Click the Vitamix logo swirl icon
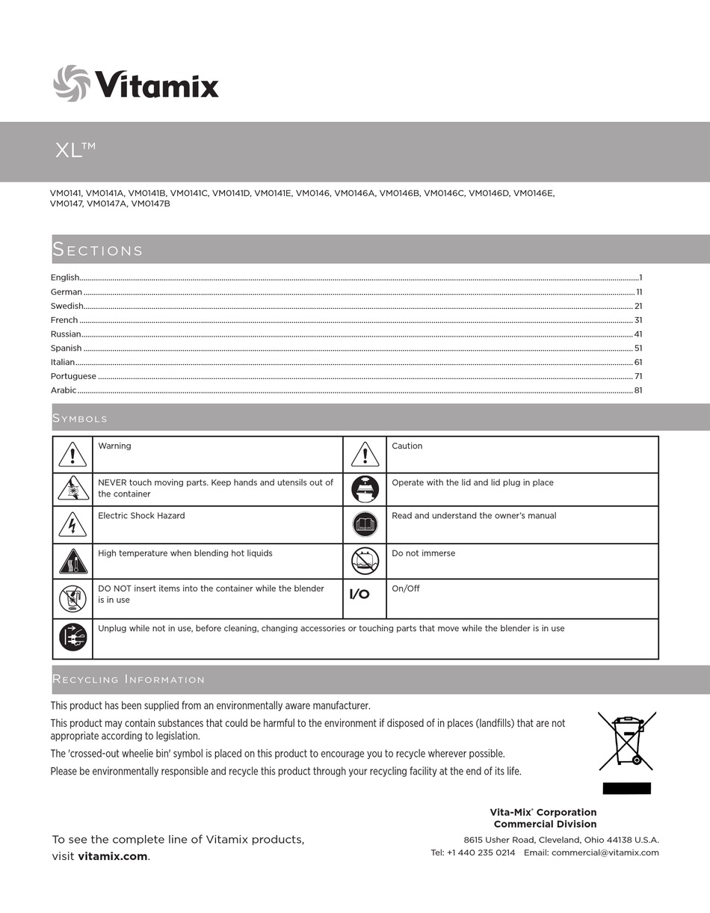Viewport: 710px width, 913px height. pos(72,83)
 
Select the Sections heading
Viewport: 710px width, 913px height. pos(97,250)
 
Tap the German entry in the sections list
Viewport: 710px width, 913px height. pos(67,292)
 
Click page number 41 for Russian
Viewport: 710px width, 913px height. pos(638,334)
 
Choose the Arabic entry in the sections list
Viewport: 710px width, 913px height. pos(64,390)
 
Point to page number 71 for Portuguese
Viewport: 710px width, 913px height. pos(638,376)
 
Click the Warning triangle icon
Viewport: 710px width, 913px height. pos(72,454)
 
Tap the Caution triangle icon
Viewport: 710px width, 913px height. pos(365,454)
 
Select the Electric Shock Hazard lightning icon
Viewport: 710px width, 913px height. pos(72,525)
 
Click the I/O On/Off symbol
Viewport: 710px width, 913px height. pos(359,594)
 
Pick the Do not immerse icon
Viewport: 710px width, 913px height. pos(365,560)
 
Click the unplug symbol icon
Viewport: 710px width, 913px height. pos(72,637)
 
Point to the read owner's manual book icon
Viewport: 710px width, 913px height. pos(365,524)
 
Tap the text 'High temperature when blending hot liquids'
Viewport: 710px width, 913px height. pos(185,553)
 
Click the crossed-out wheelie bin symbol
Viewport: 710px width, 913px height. pos(626,741)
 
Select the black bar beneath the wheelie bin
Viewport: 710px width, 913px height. pos(626,788)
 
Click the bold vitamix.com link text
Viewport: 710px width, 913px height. pos(112,856)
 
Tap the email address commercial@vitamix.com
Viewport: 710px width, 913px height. pos(605,852)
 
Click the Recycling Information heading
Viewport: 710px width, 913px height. pos(128,679)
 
